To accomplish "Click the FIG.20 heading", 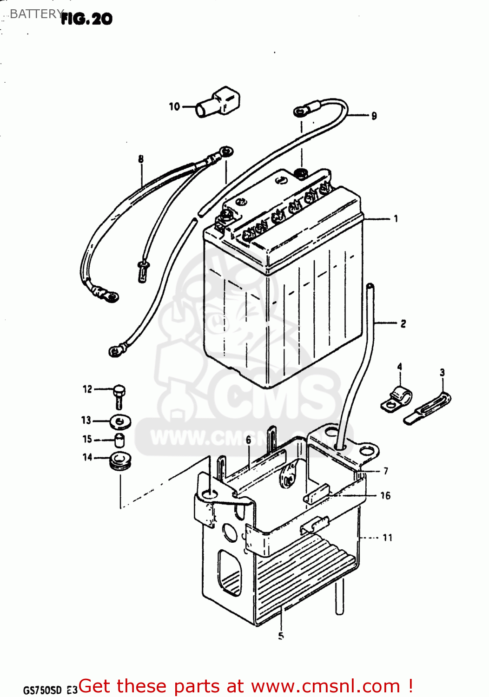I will [86, 19].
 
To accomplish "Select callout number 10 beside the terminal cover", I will [174, 107].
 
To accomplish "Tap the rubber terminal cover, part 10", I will [218, 103].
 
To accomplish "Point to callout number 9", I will [374, 116].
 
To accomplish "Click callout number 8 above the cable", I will [141, 159].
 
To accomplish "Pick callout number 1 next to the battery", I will [396, 218].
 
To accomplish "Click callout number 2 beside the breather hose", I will [403, 323].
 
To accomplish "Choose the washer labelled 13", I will [120, 422].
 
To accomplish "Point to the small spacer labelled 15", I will [119, 440].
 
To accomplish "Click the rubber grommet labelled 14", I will [120, 460].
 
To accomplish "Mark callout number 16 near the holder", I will [385, 496].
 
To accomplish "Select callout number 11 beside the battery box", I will [387, 538].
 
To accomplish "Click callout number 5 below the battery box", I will [281, 636].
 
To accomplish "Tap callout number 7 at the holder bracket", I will [385, 471].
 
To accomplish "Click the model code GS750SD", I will [42, 690].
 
